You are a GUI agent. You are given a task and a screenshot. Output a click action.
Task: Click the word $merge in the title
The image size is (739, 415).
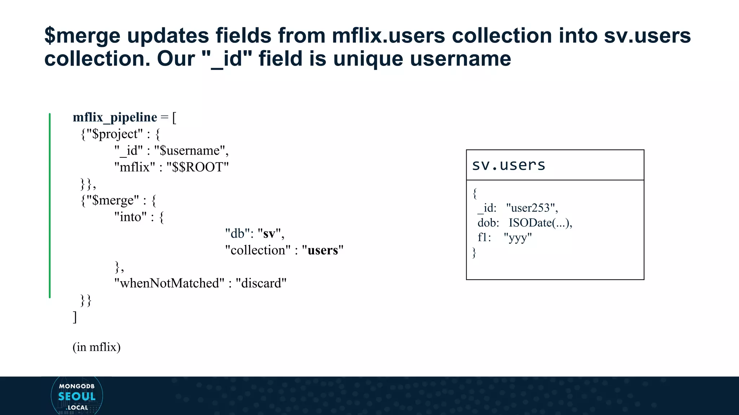[82, 36]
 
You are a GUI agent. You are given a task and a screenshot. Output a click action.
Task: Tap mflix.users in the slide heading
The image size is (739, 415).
[388, 36]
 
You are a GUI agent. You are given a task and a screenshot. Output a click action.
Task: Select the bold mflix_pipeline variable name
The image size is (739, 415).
[115, 117]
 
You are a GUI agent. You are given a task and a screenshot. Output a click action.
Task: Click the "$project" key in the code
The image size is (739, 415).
[114, 134]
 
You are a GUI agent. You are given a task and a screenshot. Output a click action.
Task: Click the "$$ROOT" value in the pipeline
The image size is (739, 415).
[197, 167]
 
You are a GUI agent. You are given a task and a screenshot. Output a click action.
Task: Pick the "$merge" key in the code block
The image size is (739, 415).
[112, 200]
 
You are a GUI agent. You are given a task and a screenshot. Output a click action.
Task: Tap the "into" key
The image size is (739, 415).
[130, 217]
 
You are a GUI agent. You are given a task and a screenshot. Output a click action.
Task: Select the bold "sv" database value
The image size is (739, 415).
[269, 233]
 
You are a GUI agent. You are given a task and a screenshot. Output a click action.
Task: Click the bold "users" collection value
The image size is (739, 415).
[323, 250]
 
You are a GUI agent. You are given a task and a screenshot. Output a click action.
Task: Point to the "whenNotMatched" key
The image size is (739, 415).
[169, 283]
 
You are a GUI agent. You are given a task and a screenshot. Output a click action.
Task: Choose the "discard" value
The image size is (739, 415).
[261, 283]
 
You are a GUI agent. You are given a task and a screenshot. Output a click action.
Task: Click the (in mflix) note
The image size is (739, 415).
[96, 347]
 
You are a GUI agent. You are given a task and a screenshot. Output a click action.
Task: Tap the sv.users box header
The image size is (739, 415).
[508, 165]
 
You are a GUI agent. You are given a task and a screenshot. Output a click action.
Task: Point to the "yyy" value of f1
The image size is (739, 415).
[517, 237]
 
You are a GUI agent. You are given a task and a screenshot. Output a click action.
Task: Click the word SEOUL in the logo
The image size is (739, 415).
[77, 397]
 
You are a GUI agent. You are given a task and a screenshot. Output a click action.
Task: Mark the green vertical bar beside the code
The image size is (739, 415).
[50, 205]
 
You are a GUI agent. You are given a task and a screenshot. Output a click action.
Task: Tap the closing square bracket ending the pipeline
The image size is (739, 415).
[75, 317]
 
